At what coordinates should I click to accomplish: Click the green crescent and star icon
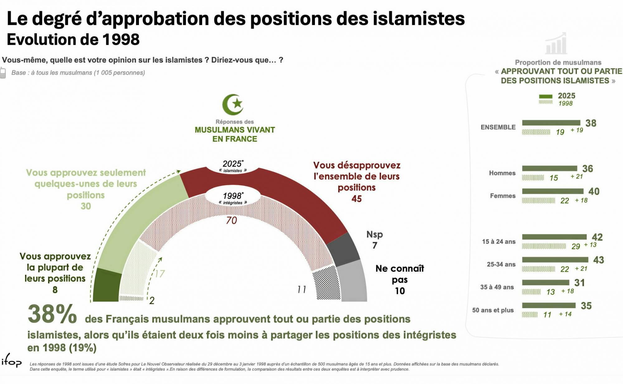(x=233, y=104)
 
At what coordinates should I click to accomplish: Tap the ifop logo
(x=11, y=361)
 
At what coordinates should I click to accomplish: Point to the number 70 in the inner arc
(x=231, y=220)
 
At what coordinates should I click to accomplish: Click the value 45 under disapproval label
(x=357, y=199)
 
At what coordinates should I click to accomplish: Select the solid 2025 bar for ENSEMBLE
(x=551, y=123)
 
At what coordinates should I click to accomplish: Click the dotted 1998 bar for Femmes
(x=538, y=200)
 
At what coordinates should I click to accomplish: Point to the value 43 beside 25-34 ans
(x=598, y=260)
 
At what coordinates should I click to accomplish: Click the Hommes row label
(x=502, y=173)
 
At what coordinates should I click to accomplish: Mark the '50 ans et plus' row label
(x=493, y=310)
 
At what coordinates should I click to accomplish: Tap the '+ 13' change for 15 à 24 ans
(x=590, y=245)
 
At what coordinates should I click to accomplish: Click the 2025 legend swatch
(x=545, y=96)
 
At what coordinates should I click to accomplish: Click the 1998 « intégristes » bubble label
(x=233, y=198)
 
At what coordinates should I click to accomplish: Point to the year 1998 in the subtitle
(x=121, y=40)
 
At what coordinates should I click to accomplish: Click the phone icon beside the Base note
(x=3, y=73)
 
